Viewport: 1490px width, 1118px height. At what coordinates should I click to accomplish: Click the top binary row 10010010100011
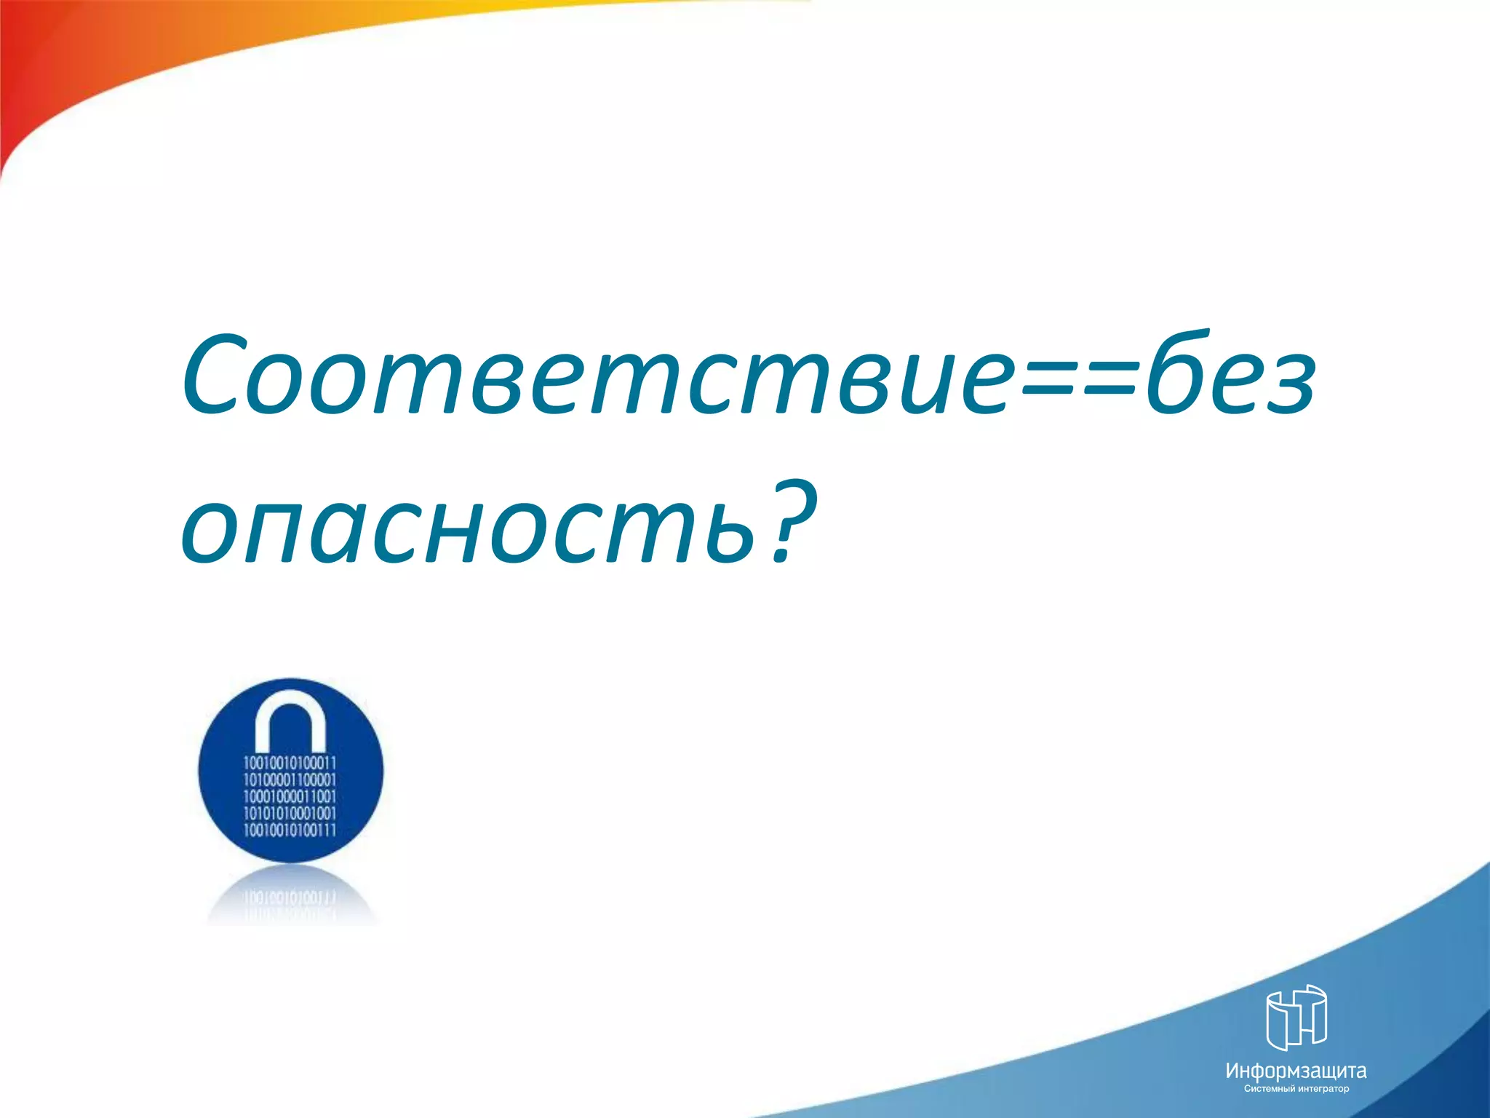(x=290, y=763)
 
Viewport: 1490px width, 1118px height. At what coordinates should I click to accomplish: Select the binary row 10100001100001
(x=290, y=780)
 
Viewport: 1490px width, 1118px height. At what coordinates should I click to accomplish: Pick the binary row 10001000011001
(x=290, y=796)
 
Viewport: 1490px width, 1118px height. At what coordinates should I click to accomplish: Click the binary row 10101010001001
(x=290, y=813)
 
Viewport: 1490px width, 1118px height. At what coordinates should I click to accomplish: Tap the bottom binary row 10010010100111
(x=290, y=830)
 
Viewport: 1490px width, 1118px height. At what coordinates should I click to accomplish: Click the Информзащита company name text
(x=1296, y=1071)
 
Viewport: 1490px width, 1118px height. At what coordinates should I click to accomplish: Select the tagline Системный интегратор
(x=1296, y=1089)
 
